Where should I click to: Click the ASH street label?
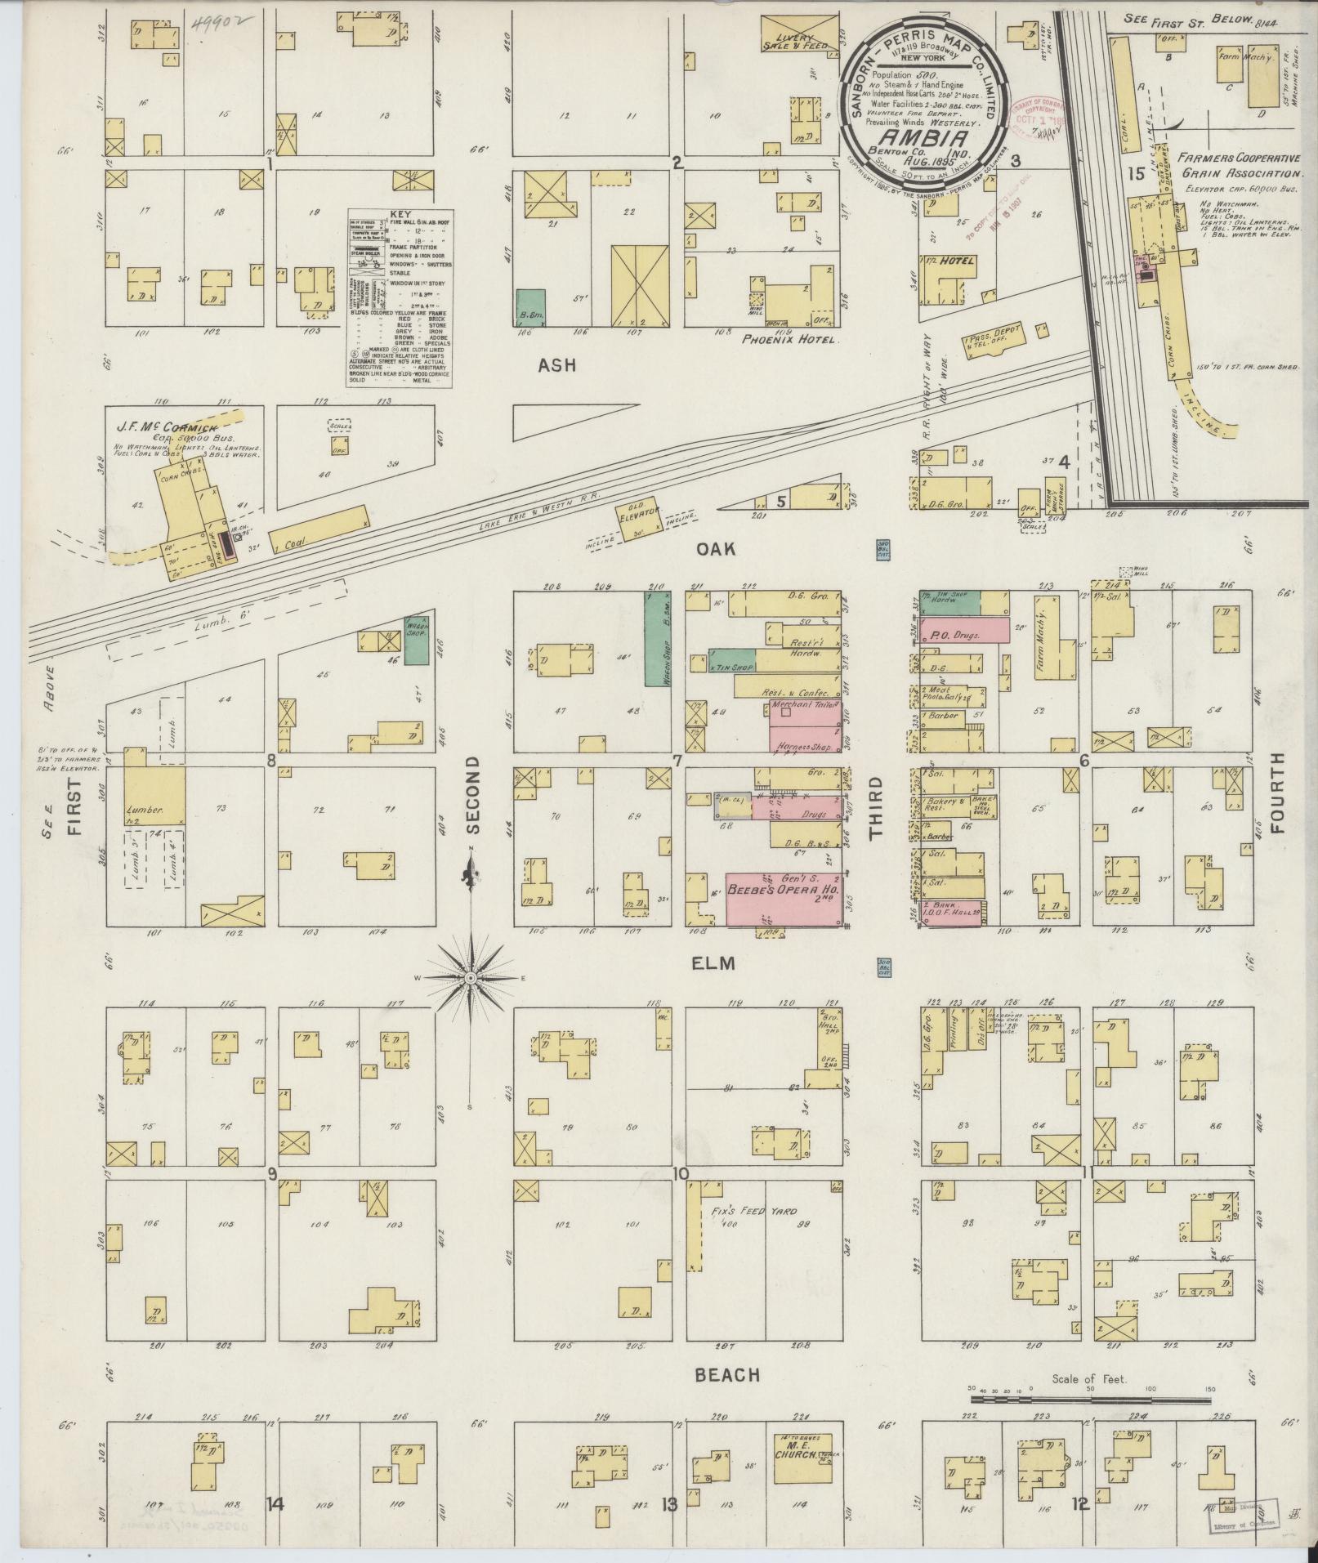(556, 365)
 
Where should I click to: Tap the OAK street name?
(715, 549)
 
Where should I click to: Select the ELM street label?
(713, 964)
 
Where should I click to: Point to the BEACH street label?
(727, 1375)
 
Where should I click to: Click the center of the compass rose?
(471, 977)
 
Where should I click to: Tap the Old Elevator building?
(638, 517)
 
